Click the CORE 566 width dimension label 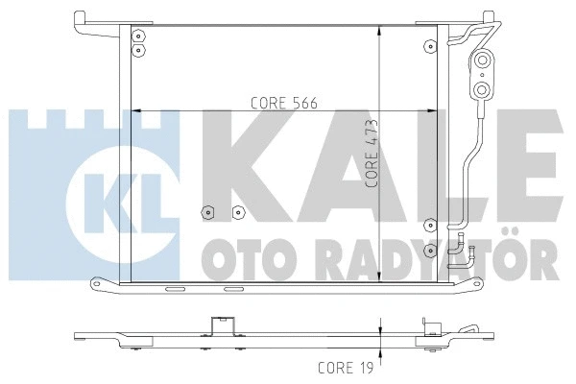pyautogui.click(x=283, y=102)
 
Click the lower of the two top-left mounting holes pyautogui.click(x=139, y=49)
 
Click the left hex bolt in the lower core pyautogui.click(x=205, y=212)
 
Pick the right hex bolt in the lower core pyautogui.click(x=237, y=212)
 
